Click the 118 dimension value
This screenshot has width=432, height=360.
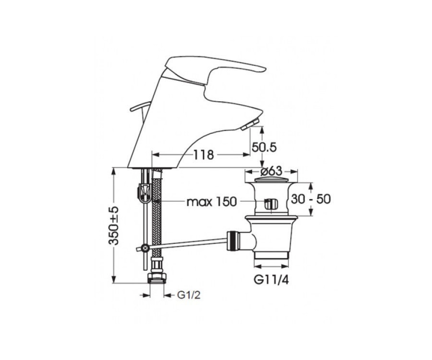pyautogui.click(x=203, y=155)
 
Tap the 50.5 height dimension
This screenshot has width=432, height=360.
pyautogui.click(x=264, y=147)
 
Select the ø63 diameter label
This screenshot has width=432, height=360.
pyautogui.click(x=271, y=171)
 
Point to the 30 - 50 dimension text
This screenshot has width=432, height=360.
pyautogui.click(x=311, y=199)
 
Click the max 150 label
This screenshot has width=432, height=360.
pyautogui.click(x=211, y=202)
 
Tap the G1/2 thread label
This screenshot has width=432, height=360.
pyautogui.click(x=189, y=295)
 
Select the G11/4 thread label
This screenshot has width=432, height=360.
pyautogui.click(x=271, y=280)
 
